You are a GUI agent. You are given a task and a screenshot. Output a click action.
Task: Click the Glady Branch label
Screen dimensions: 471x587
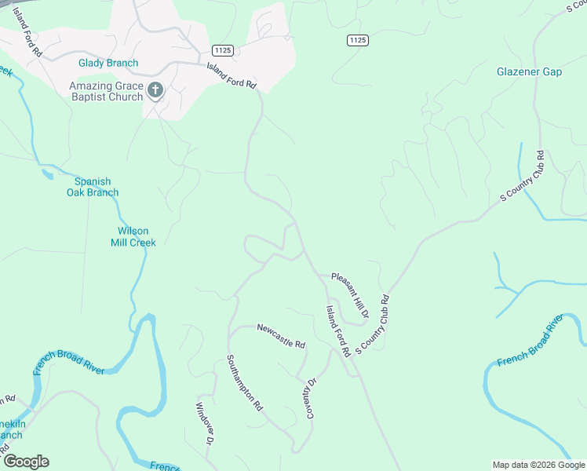108,63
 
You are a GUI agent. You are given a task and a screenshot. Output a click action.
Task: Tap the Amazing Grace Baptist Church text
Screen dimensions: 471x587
106,91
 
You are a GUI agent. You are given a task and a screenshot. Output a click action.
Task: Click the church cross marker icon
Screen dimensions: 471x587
155,91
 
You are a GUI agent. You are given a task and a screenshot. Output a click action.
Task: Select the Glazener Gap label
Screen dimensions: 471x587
529,72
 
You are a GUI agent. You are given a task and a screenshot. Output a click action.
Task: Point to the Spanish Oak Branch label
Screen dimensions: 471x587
92,187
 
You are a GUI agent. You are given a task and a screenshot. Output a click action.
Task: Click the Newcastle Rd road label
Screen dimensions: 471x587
281,336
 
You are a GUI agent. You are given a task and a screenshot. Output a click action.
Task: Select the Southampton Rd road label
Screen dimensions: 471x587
244,383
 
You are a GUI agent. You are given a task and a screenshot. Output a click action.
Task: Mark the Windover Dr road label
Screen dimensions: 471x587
204,425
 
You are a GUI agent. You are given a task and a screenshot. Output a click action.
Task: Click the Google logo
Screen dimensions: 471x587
26,462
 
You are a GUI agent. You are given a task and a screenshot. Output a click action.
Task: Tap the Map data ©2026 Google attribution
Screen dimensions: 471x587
539,465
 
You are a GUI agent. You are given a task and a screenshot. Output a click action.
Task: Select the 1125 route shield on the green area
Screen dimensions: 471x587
357,39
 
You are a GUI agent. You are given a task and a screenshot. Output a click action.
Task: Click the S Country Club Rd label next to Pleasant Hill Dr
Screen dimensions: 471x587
373,323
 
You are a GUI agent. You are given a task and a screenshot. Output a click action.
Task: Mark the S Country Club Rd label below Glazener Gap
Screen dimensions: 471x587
523,177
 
